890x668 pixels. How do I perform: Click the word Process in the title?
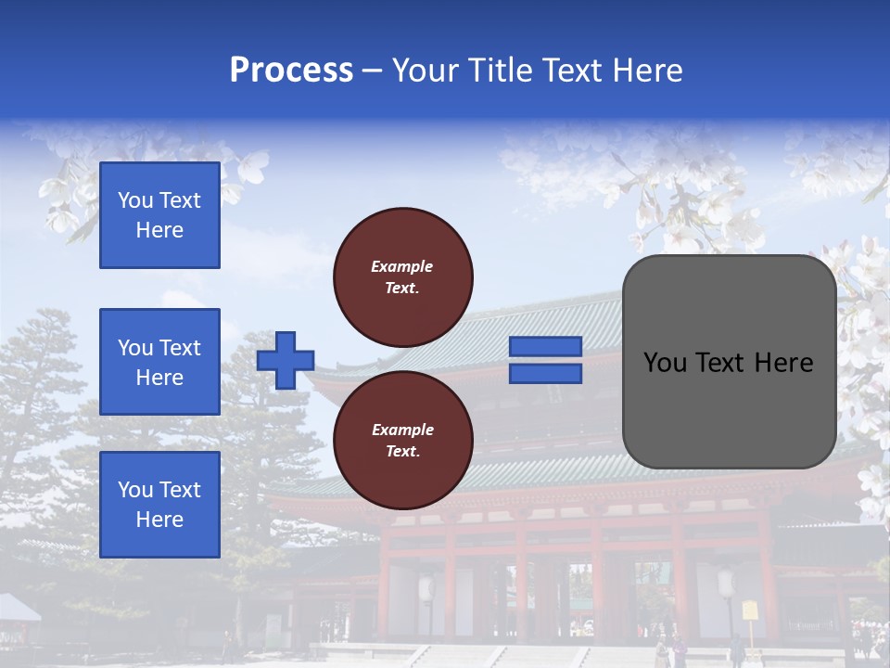pos(291,71)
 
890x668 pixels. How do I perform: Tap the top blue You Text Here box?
pos(159,215)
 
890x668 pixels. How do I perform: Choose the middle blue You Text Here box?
pos(159,362)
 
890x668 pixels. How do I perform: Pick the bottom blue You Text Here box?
pos(159,505)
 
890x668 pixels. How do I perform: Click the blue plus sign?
pos(286,360)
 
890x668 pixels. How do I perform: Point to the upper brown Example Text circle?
pos(403,277)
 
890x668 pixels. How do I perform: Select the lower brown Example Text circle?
pos(403,441)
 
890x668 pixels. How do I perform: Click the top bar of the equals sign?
pos(546,347)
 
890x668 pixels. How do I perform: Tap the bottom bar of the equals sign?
pos(546,373)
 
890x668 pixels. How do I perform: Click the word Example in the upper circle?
pos(402,266)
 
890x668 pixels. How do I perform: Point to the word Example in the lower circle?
pos(402,430)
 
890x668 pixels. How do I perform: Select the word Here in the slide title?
pos(648,71)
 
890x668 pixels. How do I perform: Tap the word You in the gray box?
pos(664,363)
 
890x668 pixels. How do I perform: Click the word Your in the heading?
pos(425,71)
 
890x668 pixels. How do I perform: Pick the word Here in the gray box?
pos(783,363)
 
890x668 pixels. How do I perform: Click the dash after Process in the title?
pos(373,71)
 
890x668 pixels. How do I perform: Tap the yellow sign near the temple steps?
pos(750,610)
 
